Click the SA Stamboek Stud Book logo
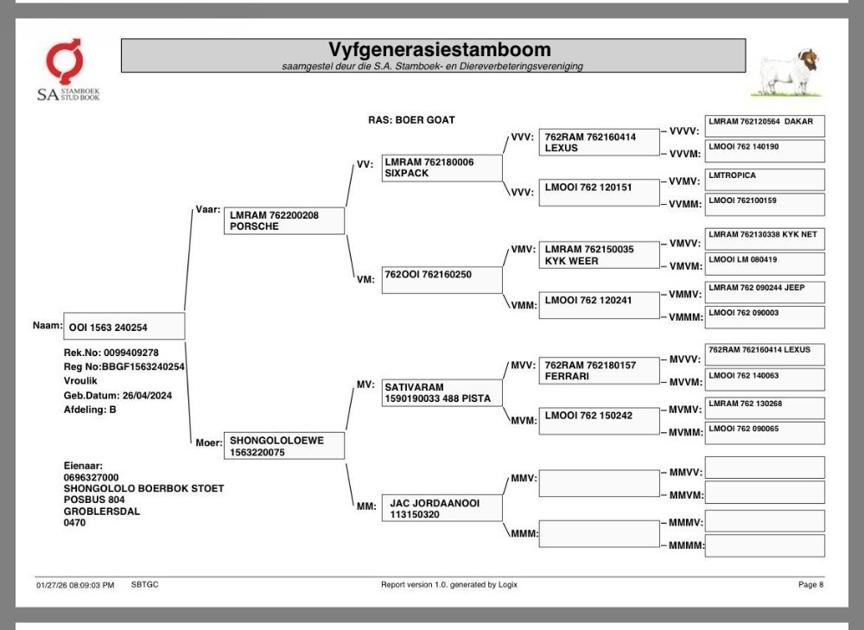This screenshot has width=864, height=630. pyautogui.click(x=68, y=70)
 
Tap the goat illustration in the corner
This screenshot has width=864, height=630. pyautogui.click(x=787, y=73)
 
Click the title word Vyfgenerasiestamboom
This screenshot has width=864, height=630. pyautogui.click(x=439, y=49)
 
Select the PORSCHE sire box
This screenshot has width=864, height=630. pyautogui.click(x=284, y=220)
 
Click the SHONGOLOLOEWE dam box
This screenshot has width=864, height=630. pyautogui.click(x=284, y=446)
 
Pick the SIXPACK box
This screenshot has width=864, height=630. pyautogui.click(x=442, y=168)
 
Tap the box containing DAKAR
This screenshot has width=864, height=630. pyautogui.click(x=765, y=126)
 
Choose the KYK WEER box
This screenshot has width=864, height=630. pyautogui.click(x=599, y=255)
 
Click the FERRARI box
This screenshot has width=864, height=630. pyautogui.click(x=599, y=371)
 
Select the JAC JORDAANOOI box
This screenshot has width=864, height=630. pyautogui.click(x=442, y=508)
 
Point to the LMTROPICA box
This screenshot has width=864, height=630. pyautogui.click(x=765, y=180)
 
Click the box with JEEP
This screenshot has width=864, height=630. pyautogui.click(x=765, y=292)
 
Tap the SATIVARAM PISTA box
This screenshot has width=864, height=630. pyautogui.click(x=442, y=392)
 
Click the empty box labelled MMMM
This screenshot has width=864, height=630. pyautogui.click(x=765, y=545)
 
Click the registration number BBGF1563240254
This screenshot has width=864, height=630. pyautogui.click(x=143, y=366)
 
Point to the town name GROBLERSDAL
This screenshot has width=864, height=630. pyautogui.click(x=102, y=511)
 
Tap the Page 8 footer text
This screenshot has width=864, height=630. pyautogui.click(x=810, y=584)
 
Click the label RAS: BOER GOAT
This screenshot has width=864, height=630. pyautogui.click(x=411, y=119)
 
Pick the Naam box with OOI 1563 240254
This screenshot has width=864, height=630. pyautogui.click(x=124, y=327)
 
